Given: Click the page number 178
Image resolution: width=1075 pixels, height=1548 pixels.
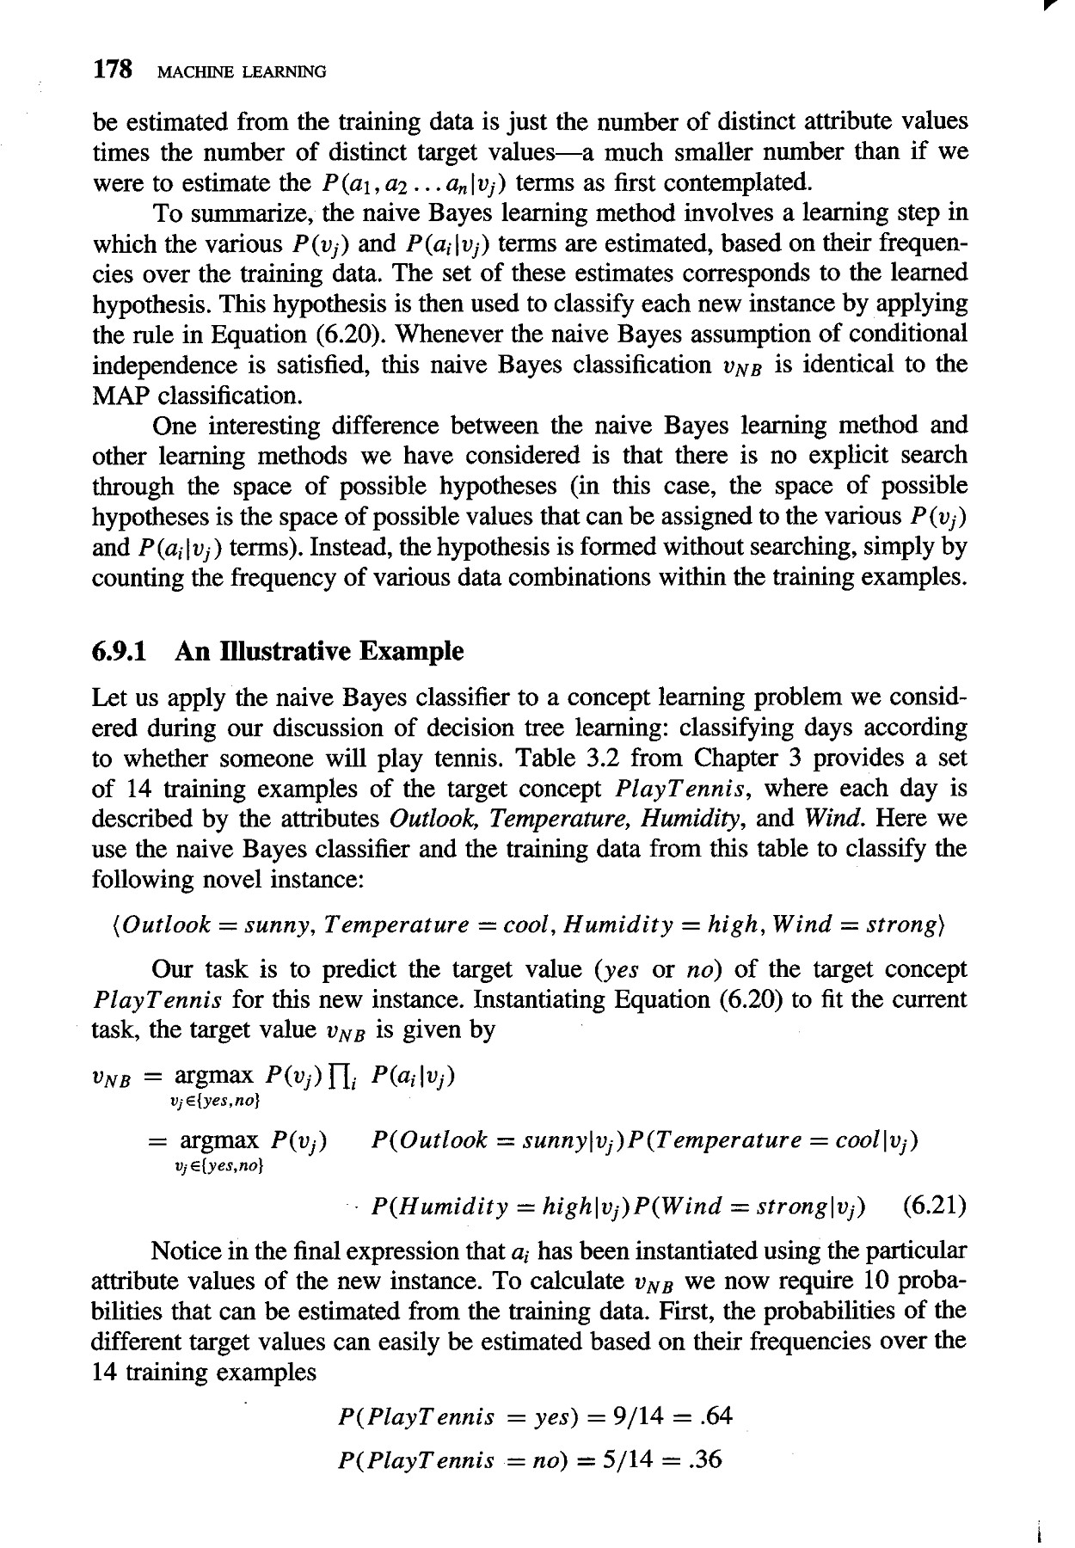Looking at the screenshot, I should [113, 71].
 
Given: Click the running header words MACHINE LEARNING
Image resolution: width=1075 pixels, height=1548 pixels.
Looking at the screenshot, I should [238, 72].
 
